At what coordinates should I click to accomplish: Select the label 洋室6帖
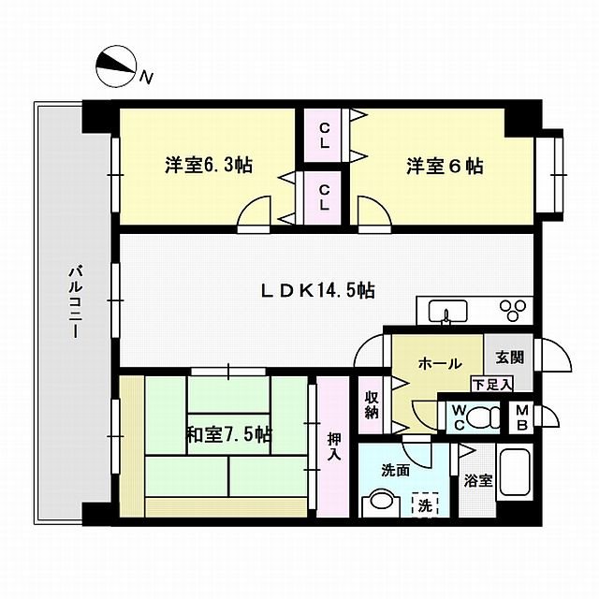444,167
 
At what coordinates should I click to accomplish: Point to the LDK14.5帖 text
317,291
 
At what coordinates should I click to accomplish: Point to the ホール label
437,362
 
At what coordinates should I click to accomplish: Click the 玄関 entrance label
508,358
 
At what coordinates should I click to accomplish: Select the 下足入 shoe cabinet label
490,384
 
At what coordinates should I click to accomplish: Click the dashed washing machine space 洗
426,504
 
